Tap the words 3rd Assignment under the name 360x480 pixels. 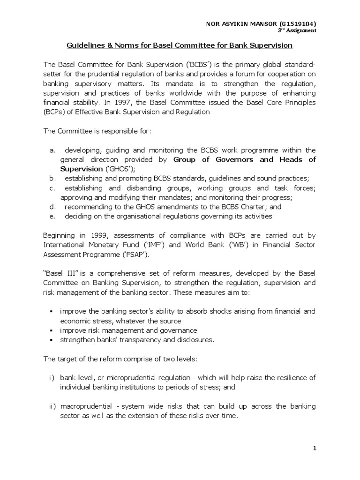coord(297,30)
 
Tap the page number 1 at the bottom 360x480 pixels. coord(315,449)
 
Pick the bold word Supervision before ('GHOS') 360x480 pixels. coord(81,169)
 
